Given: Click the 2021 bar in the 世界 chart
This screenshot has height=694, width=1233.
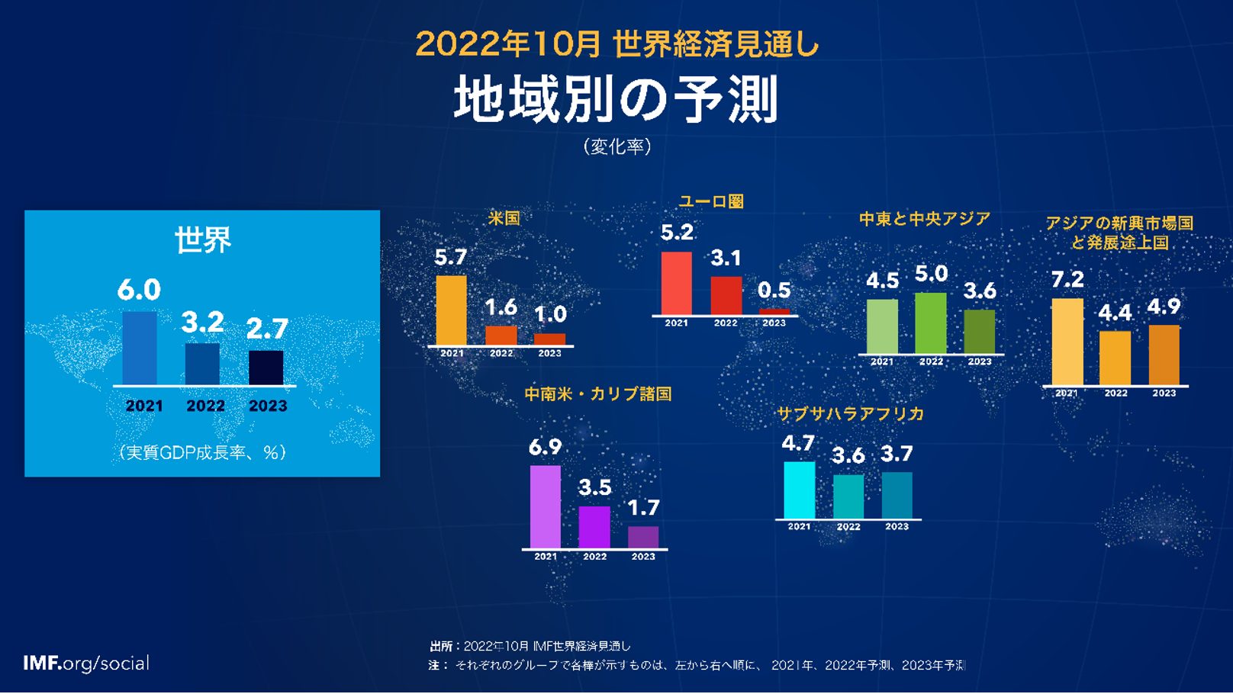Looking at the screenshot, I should point(140,348).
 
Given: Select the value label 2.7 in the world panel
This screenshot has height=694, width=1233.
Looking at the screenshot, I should point(267,329).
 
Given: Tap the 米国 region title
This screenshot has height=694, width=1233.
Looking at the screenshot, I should point(504,218).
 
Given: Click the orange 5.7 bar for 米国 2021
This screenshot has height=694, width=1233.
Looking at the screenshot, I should point(451,310).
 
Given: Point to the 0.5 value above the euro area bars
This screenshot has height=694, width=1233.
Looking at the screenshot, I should point(774,291).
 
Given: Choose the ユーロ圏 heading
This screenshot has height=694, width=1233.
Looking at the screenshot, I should point(711,201).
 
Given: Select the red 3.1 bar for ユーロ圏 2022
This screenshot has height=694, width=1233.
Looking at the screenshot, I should point(726,295).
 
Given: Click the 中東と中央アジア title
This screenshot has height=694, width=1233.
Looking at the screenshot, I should point(925,219).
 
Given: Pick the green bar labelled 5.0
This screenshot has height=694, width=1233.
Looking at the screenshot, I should point(930,323).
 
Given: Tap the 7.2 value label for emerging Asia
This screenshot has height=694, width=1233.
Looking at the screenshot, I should point(1067,280).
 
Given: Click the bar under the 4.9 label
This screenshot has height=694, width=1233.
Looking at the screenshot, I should point(1164,355).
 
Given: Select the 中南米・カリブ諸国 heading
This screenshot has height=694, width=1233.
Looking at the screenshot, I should point(597,394).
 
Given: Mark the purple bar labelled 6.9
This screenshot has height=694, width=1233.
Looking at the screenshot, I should point(545,506).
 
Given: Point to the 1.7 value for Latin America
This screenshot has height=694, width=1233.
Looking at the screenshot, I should point(642,508).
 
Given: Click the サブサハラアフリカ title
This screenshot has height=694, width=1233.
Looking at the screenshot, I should point(850,414).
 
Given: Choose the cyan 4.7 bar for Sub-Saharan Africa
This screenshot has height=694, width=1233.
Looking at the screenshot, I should point(799,490).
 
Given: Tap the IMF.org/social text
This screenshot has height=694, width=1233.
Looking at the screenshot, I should point(86,663).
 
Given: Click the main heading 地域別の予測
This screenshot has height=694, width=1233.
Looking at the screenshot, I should point(616,100).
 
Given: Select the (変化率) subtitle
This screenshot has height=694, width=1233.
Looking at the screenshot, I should point(616,146).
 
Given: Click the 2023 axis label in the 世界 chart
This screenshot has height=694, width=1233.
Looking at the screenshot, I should point(268,406).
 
